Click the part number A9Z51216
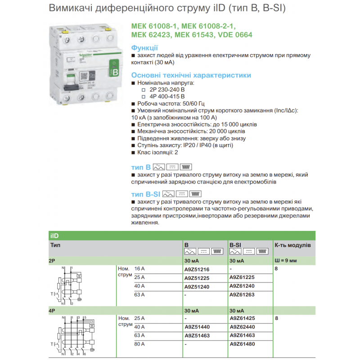click(197, 270)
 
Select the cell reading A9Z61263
click(242, 295)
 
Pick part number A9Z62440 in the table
click(242, 327)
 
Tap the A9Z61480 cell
click(242, 344)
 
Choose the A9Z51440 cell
click(197, 327)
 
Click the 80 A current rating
click(139, 344)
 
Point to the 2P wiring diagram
click(69, 285)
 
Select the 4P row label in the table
click(52, 310)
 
